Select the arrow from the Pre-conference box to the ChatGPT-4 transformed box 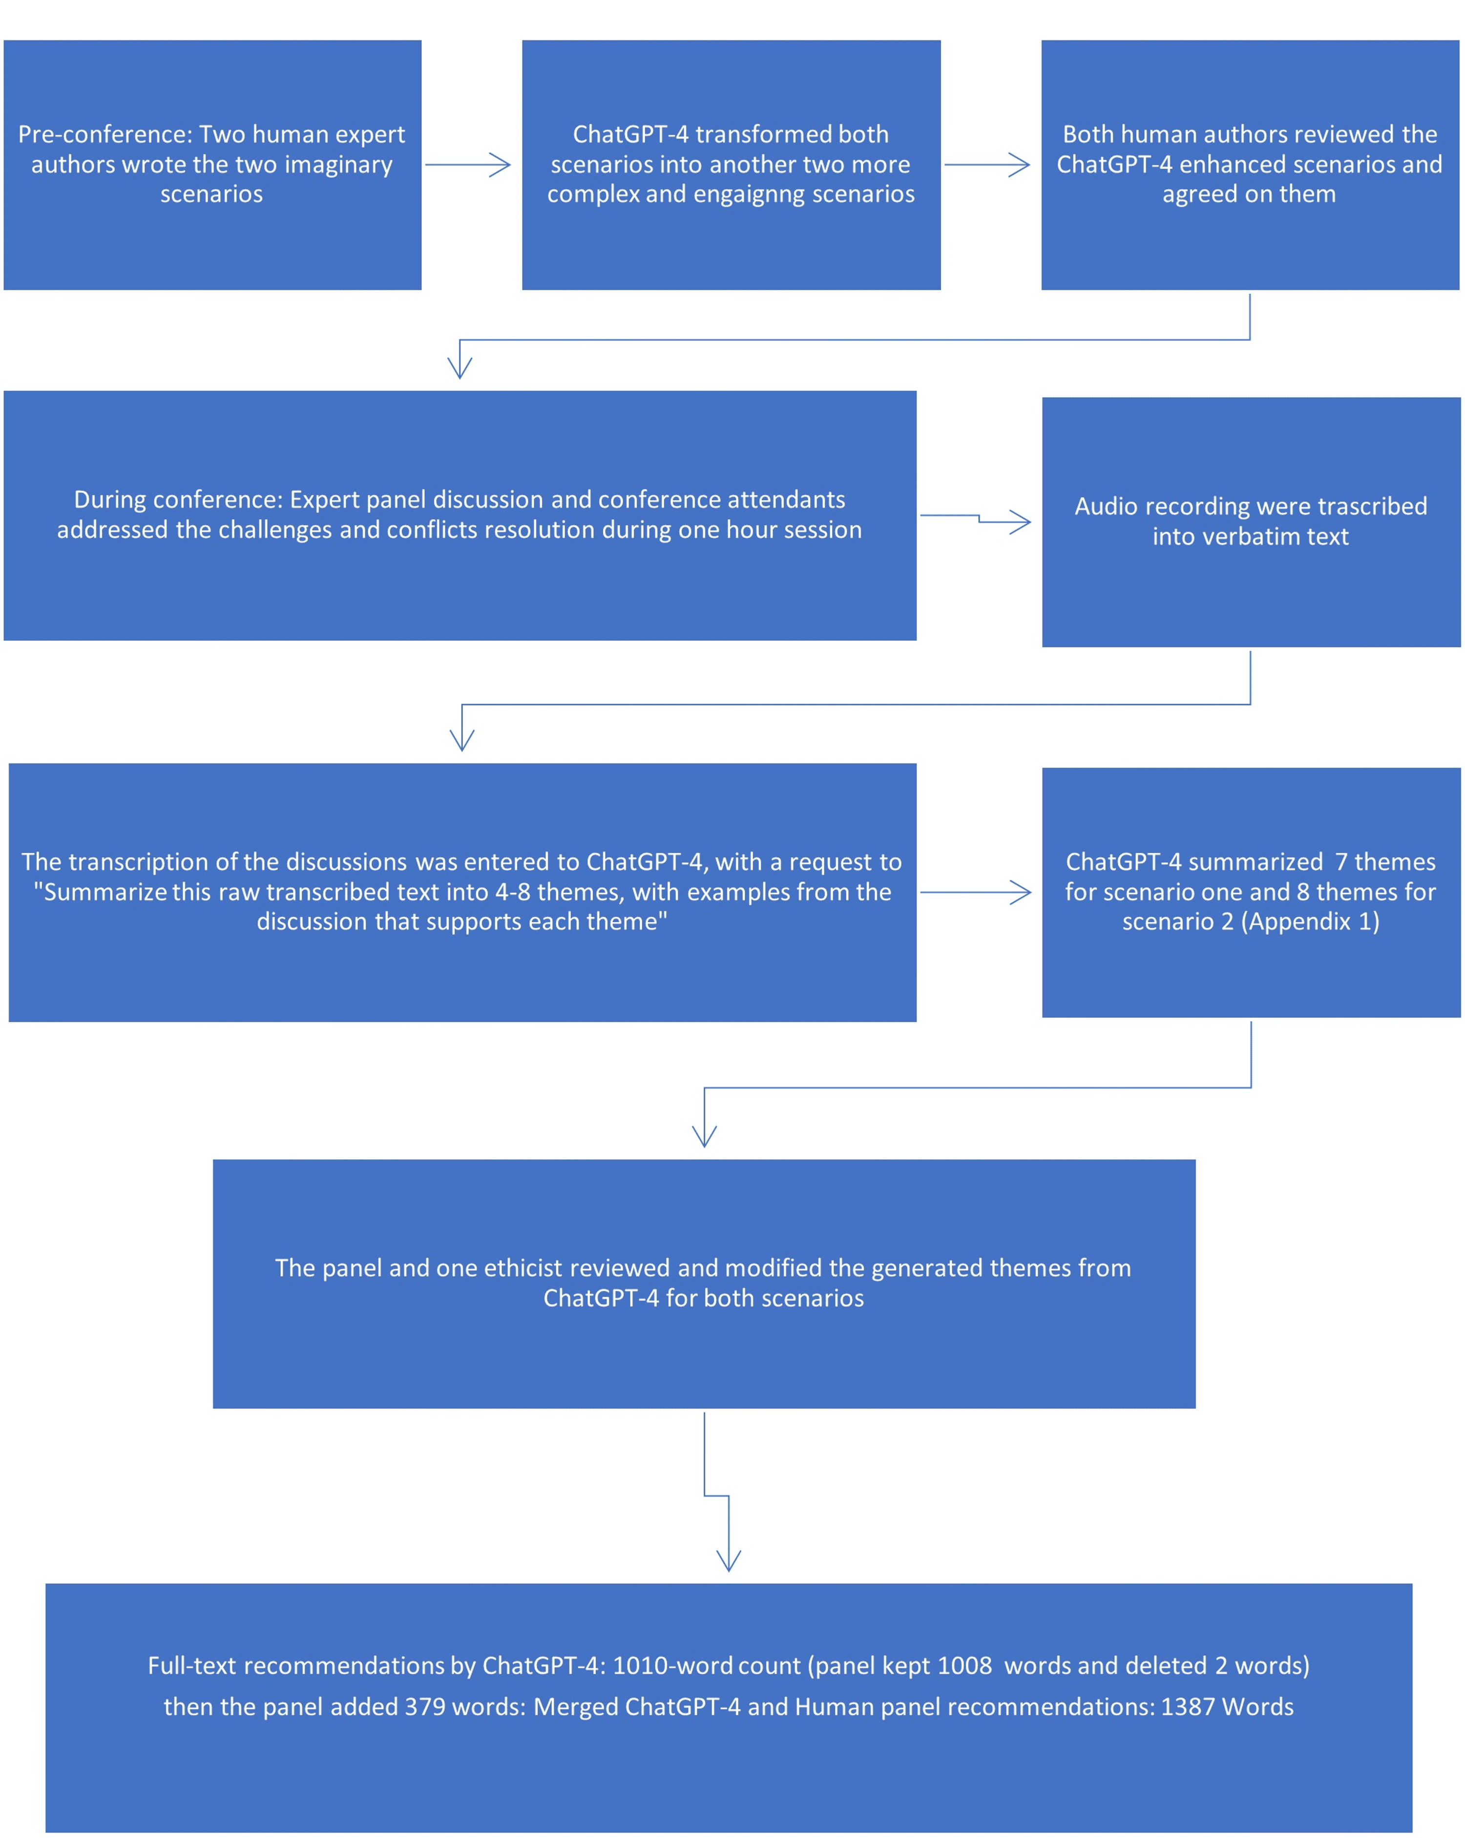468,165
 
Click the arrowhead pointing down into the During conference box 460,366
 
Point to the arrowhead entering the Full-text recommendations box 729,1559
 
